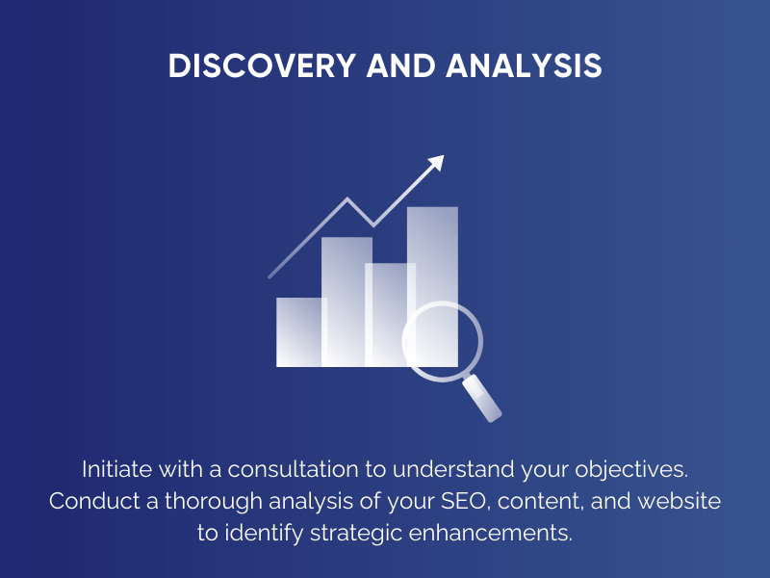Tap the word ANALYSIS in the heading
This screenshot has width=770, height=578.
click(525, 66)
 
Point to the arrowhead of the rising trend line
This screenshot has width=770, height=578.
click(436, 163)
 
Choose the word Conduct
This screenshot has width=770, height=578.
click(89, 502)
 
